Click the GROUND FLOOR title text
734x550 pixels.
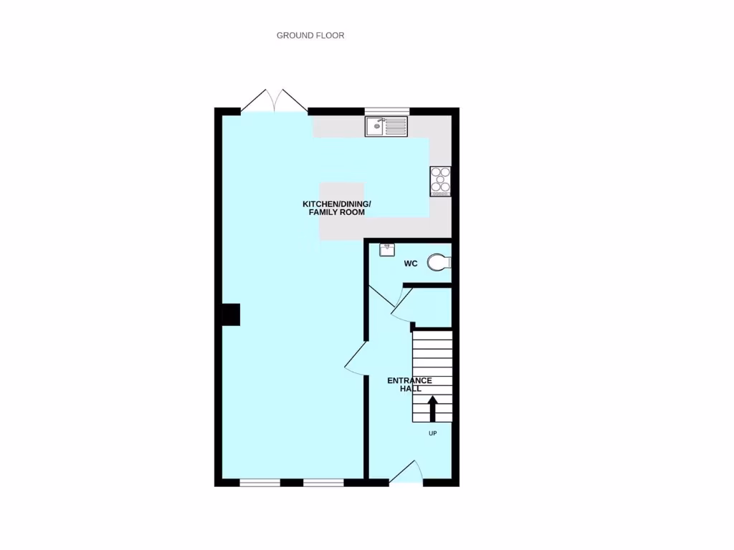(x=310, y=35)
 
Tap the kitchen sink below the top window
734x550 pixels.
(x=386, y=127)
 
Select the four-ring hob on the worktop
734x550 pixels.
(x=439, y=181)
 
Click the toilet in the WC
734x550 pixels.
(x=438, y=264)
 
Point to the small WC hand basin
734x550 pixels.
(x=387, y=249)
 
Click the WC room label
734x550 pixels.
(x=411, y=264)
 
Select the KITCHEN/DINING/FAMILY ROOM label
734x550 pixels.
(x=337, y=208)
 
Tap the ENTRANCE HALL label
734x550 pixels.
(x=409, y=385)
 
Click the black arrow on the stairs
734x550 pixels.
(x=433, y=409)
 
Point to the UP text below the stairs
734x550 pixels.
(x=433, y=433)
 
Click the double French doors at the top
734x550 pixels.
(x=275, y=101)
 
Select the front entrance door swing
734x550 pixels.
(x=406, y=473)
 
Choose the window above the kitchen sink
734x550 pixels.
(x=387, y=111)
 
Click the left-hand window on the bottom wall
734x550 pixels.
(x=259, y=483)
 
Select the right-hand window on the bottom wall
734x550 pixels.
(x=323, y=483)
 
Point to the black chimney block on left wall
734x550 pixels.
(x=230, y=314)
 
